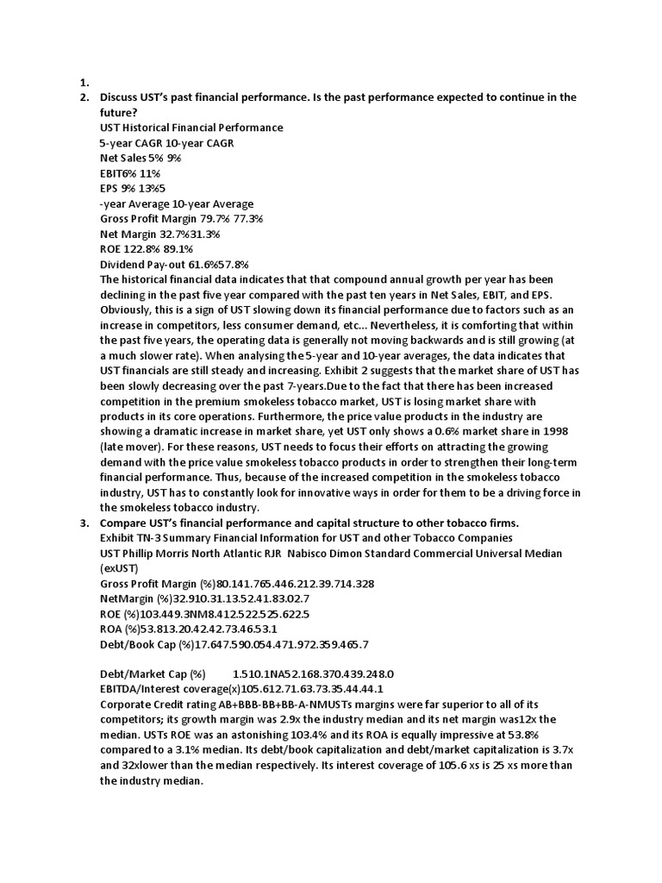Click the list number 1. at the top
pyautogui.click(x=84, y=84)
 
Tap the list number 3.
pyautogui.click(x=84, y=523)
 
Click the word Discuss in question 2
pyautogui.click(x=122, y=97)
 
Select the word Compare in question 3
pyautogui.click(x=126, y=523)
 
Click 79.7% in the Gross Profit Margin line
pyautogui.click(x=222, y=219)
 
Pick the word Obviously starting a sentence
pyautogui.click(x=129, y=310)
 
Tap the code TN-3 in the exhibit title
pyautogui.click(x=159, y=538)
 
